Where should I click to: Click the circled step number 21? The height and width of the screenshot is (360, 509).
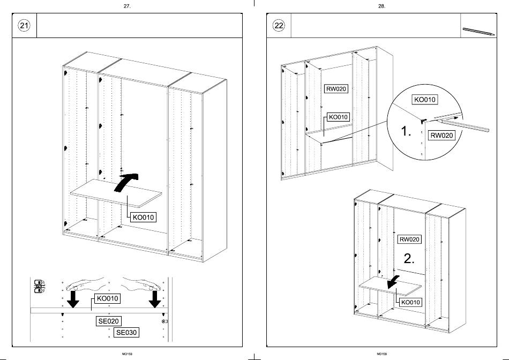(x=24, y=25)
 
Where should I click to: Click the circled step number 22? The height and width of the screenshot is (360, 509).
(x=278, y=25)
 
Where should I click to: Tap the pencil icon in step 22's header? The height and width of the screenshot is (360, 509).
(x=478, y=31)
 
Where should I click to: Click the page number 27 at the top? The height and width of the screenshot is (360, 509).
(x=127, y=6)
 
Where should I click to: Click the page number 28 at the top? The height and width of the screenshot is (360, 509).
(x=381, y=6)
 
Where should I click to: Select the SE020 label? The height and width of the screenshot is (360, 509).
(x=108, y=321)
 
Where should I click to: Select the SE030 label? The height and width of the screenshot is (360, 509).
(x=126, y=333)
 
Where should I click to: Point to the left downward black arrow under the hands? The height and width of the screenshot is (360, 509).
(x=73, y=299)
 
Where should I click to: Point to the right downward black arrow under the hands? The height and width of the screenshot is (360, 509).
(x=155, y=299)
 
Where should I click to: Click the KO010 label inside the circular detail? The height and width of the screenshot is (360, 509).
(x=424, y=100)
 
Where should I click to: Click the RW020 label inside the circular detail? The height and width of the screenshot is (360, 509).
(x=441, y=136)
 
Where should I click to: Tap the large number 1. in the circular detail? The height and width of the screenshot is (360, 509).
(x=406, y=131)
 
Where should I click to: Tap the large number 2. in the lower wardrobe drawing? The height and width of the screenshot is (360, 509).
(x=409, y=259)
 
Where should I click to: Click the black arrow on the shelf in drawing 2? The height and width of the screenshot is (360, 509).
(x=394, y=281)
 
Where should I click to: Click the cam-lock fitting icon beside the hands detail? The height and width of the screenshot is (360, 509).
(x=39, y=286)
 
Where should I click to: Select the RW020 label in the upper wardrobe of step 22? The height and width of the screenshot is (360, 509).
(x=336, y=89)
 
